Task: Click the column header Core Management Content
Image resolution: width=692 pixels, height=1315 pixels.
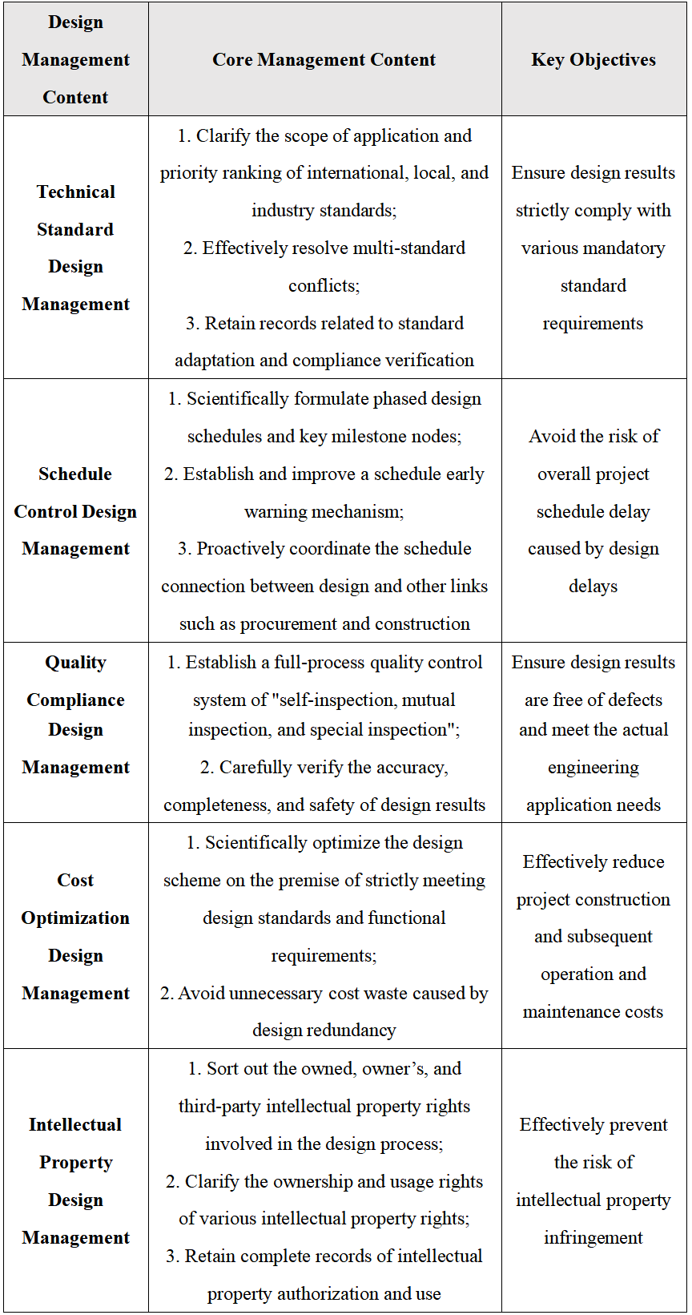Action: click(x=324, y=59)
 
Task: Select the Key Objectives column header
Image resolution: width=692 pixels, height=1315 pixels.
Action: click(x=593, y=59)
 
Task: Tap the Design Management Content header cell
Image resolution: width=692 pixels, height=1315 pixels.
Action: click(x=75, y=59)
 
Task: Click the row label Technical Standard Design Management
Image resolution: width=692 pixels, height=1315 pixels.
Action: click(x=75, y=248)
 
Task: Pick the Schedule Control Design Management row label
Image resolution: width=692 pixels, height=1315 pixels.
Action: click(x=75, y=511)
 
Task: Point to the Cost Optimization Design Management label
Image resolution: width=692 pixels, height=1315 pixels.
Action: click(x=75, y=937)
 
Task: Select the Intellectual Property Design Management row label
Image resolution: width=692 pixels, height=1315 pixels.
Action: click(x=75, y=1181)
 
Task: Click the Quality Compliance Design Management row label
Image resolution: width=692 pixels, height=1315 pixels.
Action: click(x=75, y=715)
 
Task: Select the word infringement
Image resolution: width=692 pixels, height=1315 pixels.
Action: click(x=593, y=1238)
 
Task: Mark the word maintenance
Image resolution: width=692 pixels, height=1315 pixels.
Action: click(x=571, y=1012)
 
